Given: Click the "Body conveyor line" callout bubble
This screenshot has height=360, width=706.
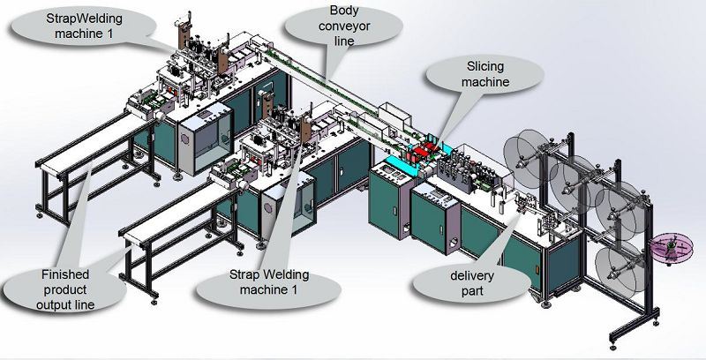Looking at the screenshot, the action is click(343, 26).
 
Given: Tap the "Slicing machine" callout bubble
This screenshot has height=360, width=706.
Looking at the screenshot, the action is click(485, 74).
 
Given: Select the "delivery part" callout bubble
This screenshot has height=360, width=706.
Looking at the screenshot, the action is click(472, 282).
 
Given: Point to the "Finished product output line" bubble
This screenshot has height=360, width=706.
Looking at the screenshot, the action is click(64, 289).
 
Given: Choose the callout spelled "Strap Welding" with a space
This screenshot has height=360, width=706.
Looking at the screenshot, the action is click(268, 281).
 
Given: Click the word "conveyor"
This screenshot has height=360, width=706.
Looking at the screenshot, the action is click(344, 26).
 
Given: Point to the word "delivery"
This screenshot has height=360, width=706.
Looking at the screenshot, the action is click(472, 275).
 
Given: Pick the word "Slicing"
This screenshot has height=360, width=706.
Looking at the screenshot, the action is click(485, 66).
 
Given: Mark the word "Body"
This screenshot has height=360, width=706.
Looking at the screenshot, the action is click(344, 11).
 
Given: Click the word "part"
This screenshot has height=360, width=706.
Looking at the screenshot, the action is click(472, 290).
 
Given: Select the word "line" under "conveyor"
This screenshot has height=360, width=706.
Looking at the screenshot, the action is click(344, 41).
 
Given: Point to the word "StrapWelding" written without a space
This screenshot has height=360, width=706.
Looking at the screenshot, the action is click(84, 19).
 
